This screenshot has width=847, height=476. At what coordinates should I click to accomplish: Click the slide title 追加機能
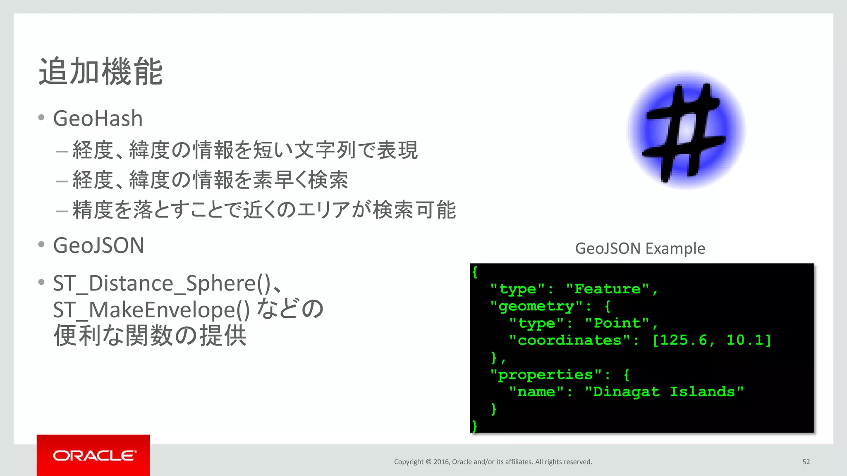tap(101, 71)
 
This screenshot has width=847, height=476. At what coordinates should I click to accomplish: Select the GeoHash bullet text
tap(98, 119)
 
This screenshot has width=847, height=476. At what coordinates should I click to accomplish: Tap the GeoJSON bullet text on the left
tap(99, 245)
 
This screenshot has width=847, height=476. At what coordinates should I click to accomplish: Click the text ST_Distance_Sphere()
tap(162, 283)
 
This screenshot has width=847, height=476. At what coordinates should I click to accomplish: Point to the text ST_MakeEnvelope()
tap(151, 310)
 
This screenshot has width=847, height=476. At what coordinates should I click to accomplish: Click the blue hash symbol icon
tap(686, 130)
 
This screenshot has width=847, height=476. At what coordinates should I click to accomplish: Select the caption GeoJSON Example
tap(640, 248)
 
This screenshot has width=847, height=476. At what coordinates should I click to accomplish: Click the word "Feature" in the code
tap(607, 289)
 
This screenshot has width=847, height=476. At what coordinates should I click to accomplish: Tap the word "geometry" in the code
tap(536, 306)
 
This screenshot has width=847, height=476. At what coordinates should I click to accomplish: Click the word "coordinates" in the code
tap(569, 340)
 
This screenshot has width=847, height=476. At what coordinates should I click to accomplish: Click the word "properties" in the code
tap(546, 375)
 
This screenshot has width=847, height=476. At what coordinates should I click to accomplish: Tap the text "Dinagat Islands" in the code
tap(664, 392)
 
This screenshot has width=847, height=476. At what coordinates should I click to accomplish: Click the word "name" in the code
tap(536, 392)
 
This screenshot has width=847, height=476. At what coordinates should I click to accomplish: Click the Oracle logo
tap(93, 455)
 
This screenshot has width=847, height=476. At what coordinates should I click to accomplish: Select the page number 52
tap(806, 462)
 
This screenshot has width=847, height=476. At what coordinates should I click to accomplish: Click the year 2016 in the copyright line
tap(441, 462)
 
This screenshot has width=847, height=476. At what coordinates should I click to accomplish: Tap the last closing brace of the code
tap(474, 426)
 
